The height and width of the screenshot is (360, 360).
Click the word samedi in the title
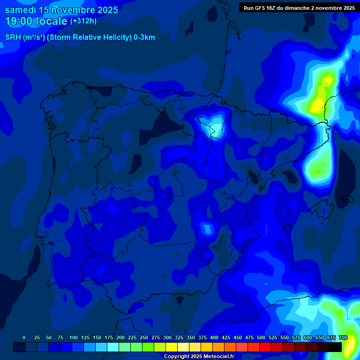[x=21, y=10]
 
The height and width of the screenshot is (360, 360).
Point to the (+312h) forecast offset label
[x=83, y=21]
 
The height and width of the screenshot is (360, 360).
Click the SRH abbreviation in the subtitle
[x=13, y=37]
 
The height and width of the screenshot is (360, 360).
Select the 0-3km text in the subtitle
[x=144, y=37]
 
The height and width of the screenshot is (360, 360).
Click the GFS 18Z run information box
[x=299, y=8]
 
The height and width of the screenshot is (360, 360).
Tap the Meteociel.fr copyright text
[x=198, y=356]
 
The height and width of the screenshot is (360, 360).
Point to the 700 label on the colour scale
[x=343, y=337]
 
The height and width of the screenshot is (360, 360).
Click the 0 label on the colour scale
[x=24, y=337]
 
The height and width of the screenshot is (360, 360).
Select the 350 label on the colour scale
[x=191, y=337]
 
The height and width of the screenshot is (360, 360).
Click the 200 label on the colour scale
[x=120, y=337]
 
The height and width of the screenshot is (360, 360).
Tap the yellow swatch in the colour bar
[x=172, y=347]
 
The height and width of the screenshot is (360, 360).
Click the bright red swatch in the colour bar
[x=265, y=347]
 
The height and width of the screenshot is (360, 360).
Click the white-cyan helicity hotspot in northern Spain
[x=216, y=127]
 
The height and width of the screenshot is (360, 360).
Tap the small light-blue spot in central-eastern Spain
[x=207, y=228]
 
